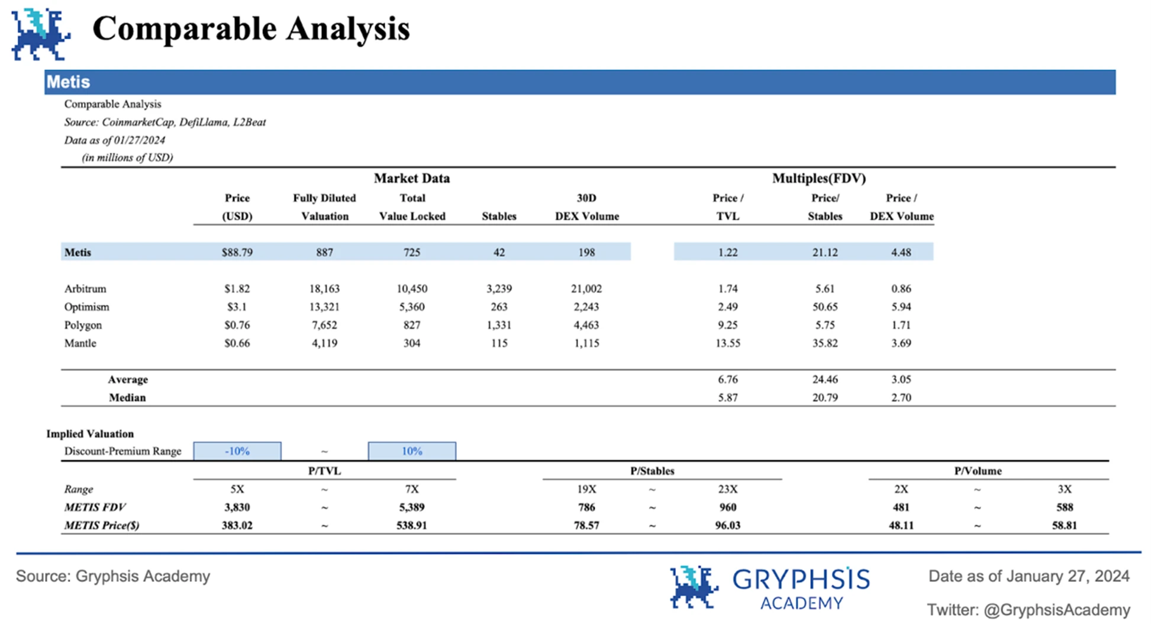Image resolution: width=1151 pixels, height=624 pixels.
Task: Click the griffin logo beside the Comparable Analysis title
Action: (x=40, y=34)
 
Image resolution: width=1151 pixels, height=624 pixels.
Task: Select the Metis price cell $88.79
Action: (x=237, y=252)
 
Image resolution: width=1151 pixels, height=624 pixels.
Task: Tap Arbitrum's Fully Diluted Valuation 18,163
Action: (x=324, y=289)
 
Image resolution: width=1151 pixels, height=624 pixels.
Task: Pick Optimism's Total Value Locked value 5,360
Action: (x=412, y=307)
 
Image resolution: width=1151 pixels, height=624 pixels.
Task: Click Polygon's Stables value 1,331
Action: (x=499, y=325)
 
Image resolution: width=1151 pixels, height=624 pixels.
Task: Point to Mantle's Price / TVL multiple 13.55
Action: (x=727, y=343)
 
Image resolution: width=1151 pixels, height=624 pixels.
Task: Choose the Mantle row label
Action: (x=80, y=343)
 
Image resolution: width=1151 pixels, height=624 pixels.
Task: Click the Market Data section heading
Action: (x=411, y=178)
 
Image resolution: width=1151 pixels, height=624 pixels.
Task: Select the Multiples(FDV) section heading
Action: (x=818, y=178)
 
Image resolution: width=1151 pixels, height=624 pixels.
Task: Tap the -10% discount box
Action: (x=237, y=451)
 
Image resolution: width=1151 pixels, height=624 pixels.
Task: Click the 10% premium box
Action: (x=412, y=451)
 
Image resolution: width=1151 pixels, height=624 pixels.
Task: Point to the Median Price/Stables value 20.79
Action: (x=824, y=397)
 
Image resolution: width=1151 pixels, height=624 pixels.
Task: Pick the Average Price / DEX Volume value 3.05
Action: (x=901, y=379)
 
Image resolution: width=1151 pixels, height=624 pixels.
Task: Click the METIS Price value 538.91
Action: (x=411, y=525)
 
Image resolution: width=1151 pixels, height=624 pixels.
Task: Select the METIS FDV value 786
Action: (x=586, y=507)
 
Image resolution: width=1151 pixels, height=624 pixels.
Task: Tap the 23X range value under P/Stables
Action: (x=727, y=489)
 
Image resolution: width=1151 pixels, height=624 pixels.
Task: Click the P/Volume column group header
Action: (x=978, y=471)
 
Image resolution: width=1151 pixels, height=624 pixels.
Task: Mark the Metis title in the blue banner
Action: (x=69, y=82)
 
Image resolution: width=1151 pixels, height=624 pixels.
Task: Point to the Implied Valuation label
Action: (x=90, y=434)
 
